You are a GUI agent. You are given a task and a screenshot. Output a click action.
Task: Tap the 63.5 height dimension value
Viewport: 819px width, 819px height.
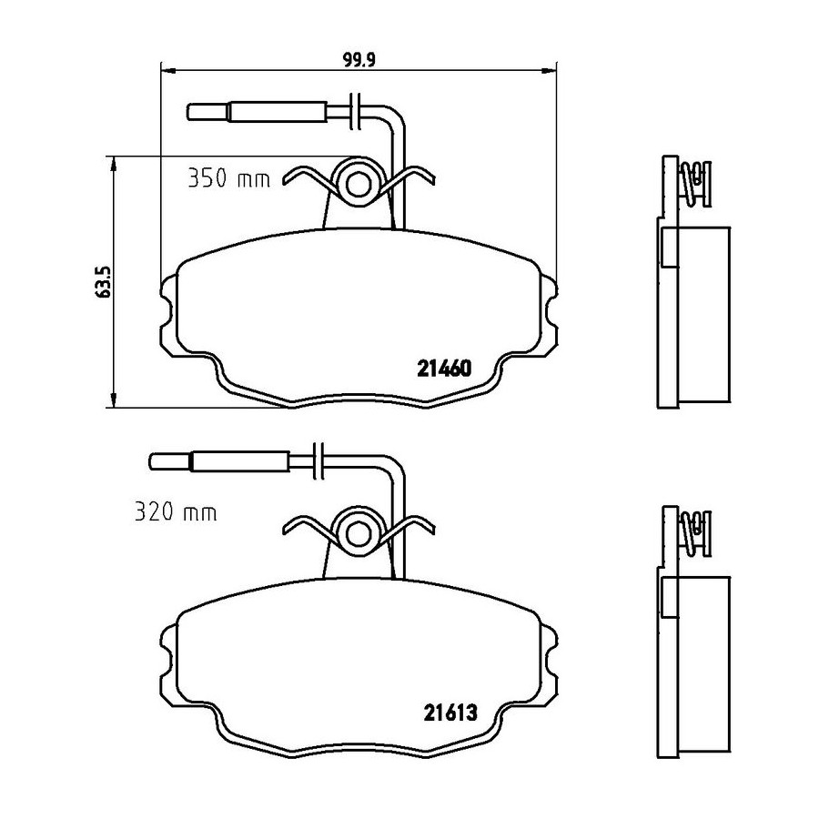(104, 281)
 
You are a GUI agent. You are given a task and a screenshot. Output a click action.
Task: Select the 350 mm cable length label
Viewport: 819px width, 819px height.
(228, 179)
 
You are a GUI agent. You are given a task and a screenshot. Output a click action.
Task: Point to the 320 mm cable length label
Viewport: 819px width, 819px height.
(176, 511)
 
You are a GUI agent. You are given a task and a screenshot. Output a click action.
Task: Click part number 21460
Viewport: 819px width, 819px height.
(444, 369)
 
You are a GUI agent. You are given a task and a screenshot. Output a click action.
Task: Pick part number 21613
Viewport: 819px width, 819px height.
(450, 713)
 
